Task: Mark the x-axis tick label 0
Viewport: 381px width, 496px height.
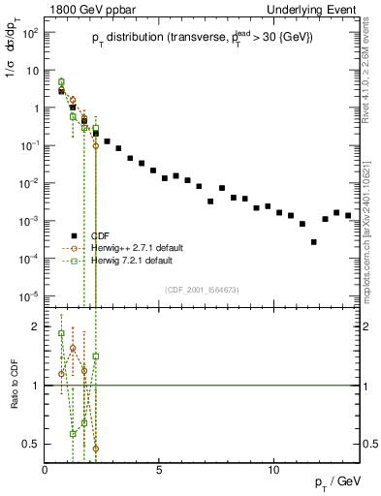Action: tap(46, 470)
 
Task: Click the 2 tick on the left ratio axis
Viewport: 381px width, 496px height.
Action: tap(36, 326)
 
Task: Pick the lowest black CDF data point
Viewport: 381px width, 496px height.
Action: tap(313, 242)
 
